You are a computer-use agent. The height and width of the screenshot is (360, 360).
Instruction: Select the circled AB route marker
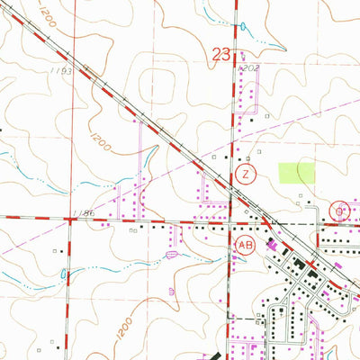coord(244,243)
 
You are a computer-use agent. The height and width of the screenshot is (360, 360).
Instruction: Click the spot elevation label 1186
coord(84,213)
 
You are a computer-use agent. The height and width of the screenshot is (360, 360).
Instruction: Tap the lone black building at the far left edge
coord(2,130)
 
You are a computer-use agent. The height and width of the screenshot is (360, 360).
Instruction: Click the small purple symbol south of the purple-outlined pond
coord(172,291)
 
